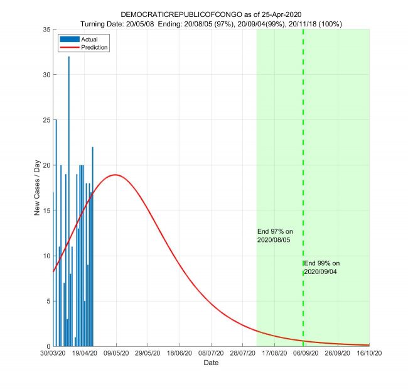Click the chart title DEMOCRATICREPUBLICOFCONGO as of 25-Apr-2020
click(212, 14)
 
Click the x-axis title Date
click(212, 363)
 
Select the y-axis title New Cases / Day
click(37, 188)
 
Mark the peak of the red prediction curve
click(115, 175)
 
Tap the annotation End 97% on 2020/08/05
click(275, 236)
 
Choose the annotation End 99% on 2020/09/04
click(321, 267)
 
